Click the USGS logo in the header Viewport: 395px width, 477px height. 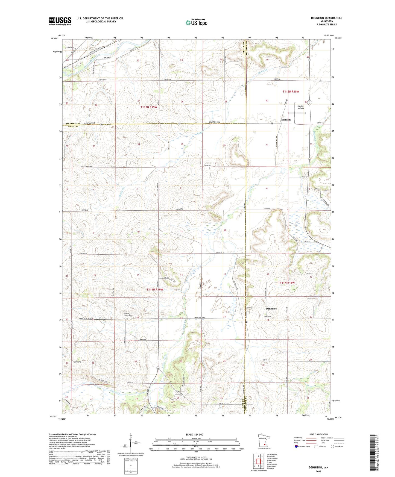[x=60, y=21]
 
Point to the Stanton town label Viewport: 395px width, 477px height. [x=286, y=120]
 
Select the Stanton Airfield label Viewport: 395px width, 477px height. [x=300, y=107]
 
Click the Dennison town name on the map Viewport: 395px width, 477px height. [x=271, y=308]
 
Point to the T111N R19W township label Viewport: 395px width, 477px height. [x=154, y=289]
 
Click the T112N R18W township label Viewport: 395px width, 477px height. [x=291, y=92]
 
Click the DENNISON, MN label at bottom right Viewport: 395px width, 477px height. [x=318, y=467]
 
